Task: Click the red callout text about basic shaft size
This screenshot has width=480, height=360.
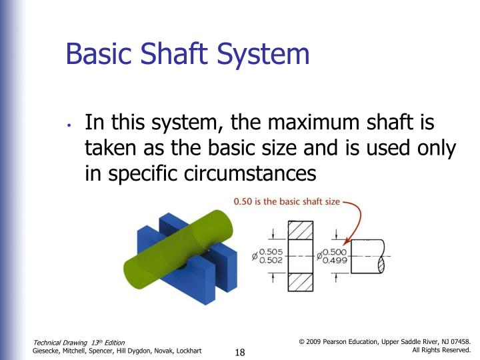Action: pos(286,201)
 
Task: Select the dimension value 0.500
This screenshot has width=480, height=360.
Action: pos(333,252)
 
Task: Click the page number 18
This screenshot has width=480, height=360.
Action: pos(241,352)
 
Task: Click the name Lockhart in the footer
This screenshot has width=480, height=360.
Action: pos(186,351)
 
